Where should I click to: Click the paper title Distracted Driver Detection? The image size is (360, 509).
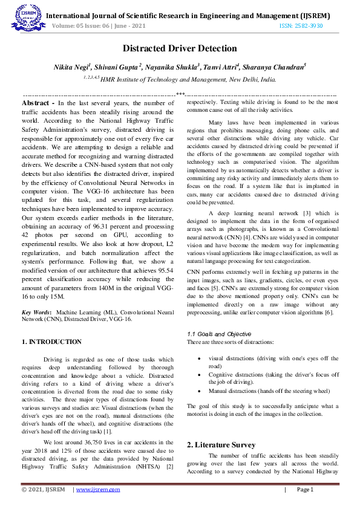pyautogui.click(x=180, y=48)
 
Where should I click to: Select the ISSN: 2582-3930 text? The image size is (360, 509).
pyautogui.click(x=301, y=26)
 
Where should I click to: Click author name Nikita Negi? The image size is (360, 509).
pyautogui.click(x=71, y=66)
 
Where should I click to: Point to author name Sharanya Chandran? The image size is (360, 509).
pyautogui.click(x=278, y=66)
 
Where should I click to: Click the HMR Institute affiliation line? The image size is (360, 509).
pyautogui.click(x=179, y=79)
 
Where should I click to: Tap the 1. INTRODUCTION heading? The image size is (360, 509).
pyautogui.click(x=51, y=342)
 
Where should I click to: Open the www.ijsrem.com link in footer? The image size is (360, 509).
pyautogui.click(x=96, y=490)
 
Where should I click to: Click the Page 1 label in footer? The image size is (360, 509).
pyautogui.click(x=304, y=490)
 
